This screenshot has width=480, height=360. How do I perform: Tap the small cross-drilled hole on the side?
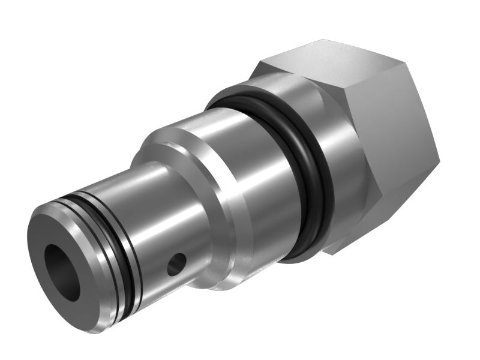click(x=176, y=263)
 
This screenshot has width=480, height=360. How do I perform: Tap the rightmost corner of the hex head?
click(x=439, y=161)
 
